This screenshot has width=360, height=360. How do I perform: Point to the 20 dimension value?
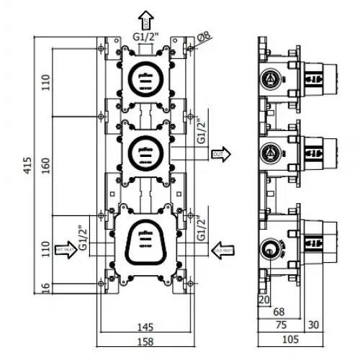coord(263,299)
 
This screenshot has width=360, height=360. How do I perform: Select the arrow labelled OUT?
coord(220,153)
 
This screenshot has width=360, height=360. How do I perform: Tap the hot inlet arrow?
coord(65,249)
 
